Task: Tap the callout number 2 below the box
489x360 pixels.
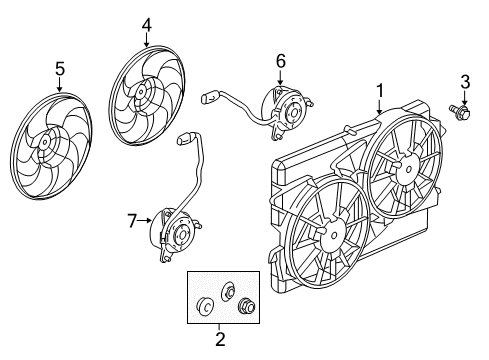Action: click(x=220, y=339)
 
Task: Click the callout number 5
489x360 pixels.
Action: click(x=59, y=69)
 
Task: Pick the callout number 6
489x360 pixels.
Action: click(x=281, y=61)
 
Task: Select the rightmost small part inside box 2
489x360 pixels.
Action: click(x=243, y=306)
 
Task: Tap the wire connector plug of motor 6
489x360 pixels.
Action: click(x=207, y=99)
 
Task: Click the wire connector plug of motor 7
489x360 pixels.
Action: click(x=182, y=137)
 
